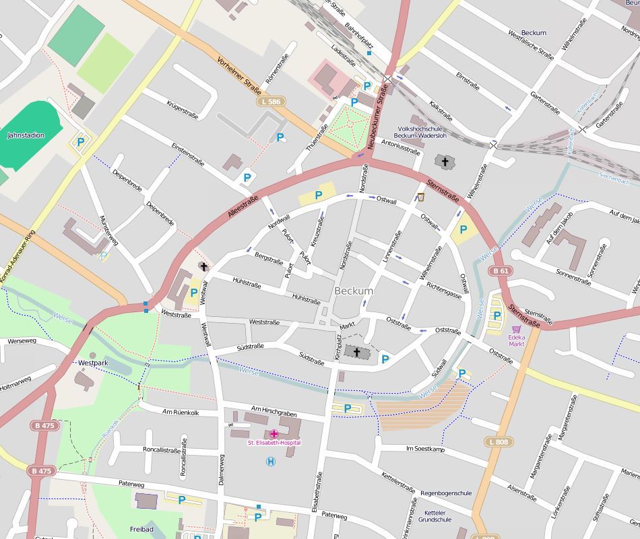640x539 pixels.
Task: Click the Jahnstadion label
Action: (26, 135)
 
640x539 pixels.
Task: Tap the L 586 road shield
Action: (269, 102)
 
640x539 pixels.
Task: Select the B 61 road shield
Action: (500, 271)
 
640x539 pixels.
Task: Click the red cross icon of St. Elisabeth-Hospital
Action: (274, 434)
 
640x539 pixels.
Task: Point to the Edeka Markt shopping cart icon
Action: (517, 330)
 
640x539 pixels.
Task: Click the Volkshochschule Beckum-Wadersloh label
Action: (420, 132)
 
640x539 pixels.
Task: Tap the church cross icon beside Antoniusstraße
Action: (443, 161)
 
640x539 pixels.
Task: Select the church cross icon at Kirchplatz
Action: (356, 352)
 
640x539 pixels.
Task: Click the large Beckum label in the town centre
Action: (354, 291)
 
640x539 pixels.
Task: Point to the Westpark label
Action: (93, 363)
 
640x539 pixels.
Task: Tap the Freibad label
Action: (141, 530)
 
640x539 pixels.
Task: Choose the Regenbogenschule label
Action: (445, 493)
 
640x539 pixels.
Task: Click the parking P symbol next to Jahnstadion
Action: (81, 142)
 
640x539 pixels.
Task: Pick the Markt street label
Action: (347, 326)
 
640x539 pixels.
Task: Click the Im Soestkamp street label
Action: (425, 448)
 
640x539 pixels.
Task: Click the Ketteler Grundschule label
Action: (435, 516)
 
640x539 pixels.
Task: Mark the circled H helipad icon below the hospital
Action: (271, 461)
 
